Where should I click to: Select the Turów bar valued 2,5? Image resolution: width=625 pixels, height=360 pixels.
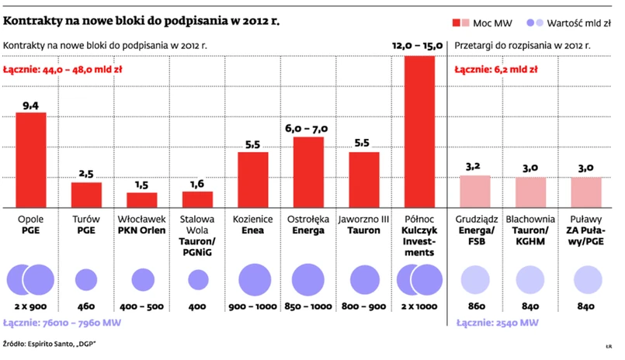coord(86,194)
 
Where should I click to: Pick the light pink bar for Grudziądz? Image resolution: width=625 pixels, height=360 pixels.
coord(475,191)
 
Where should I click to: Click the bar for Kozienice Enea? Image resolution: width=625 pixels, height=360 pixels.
coord(253,179)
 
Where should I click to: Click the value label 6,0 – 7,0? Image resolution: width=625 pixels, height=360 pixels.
coord(308,129)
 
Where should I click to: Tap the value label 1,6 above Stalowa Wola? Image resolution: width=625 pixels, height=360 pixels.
coord(197,184)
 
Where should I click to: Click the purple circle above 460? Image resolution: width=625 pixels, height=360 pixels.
coord(86,280)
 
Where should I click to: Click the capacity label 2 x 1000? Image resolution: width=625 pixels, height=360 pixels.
coord(419,306)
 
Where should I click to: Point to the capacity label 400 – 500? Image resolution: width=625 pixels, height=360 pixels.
coord(142,306)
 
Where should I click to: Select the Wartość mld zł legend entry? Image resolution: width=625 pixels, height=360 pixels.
coord(573,22)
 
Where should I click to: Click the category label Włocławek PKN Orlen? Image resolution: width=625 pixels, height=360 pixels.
coord(142,225)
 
